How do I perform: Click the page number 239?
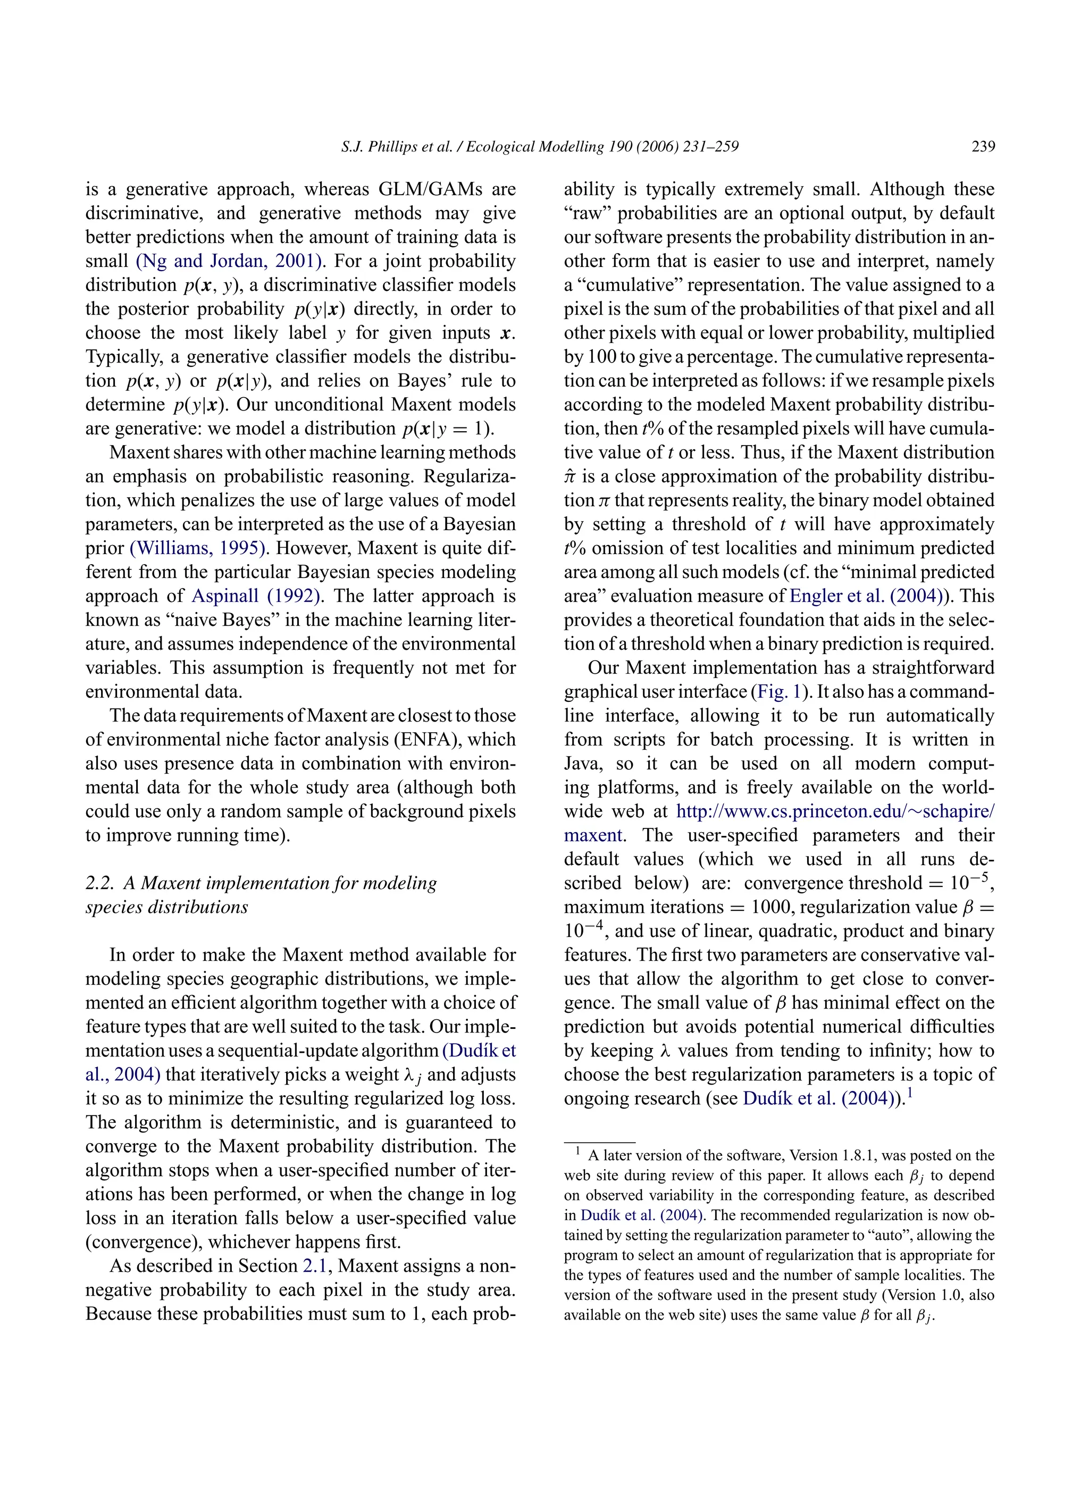[983, 146]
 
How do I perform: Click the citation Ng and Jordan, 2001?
[229, 261]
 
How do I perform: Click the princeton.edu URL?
[835, 811]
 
